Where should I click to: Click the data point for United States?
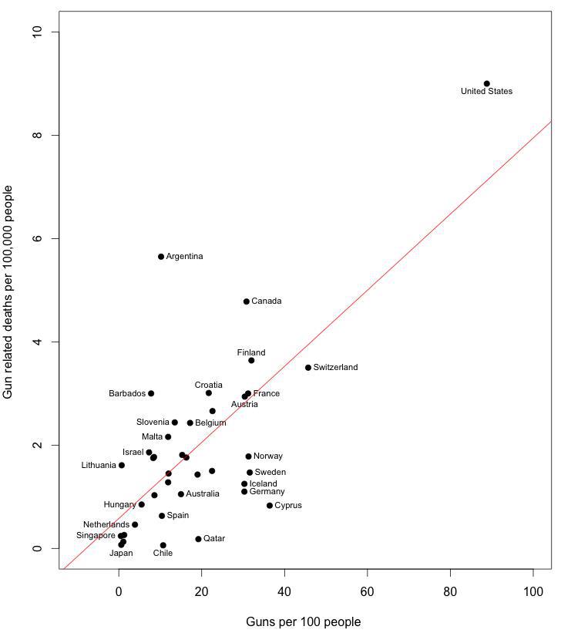click(x=486, y=83)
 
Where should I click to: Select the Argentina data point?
click(x=161, y=256)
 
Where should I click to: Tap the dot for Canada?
click(x=247, y=301)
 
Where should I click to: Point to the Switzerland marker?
click(x=308, y=368)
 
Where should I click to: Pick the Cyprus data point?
click(x=270, y=506)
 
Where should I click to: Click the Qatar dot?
click(x=198, y=539)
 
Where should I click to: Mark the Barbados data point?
click(x=151, y=393)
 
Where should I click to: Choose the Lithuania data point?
click(x=122, y=466)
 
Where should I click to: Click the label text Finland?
click(x=251, y=353)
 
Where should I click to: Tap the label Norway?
click(x=268, y=456)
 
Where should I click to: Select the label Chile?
click(x=163, y=553)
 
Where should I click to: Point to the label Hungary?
click(x=119, y=505)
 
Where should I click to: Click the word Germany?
click(x=267, y=492)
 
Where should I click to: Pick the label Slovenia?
click(x=153, y=423)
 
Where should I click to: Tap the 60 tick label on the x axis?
click(x=368, y=591)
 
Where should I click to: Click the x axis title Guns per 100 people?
click(x=303, y=621)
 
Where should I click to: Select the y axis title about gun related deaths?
click(x=9, y=291)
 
